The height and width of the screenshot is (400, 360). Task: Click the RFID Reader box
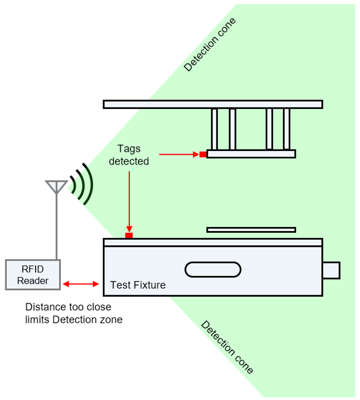[x=32, y=275]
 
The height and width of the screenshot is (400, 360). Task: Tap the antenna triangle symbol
[x=56, y=186]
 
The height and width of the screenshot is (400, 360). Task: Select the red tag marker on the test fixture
[x=129, y=235]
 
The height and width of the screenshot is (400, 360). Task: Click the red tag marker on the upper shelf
[x=202, y=154]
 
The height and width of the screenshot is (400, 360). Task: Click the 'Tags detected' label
[x=128, y=155]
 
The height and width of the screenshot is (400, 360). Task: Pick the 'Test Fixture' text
[x=138, y=285]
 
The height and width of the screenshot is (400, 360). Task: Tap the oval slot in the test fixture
[x=213, y=269]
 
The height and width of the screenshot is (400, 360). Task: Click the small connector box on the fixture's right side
[x=331, y=270]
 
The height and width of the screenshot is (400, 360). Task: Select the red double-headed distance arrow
[x=81, y=284]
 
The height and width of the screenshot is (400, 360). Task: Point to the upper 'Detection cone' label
[x=210, y=45]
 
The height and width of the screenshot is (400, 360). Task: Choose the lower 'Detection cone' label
[x=227, y=347]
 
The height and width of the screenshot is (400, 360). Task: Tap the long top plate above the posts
[x=213, y=104]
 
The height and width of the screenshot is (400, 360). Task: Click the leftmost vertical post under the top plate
[x=214, y=129]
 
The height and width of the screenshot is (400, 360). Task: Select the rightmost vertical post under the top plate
[x=287, y=129]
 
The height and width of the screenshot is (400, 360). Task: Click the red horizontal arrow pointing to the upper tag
[x=178, y=154]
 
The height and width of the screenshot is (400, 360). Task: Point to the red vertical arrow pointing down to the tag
[x=128, y=199]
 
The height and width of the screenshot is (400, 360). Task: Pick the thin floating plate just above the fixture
[x=251, y=230]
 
